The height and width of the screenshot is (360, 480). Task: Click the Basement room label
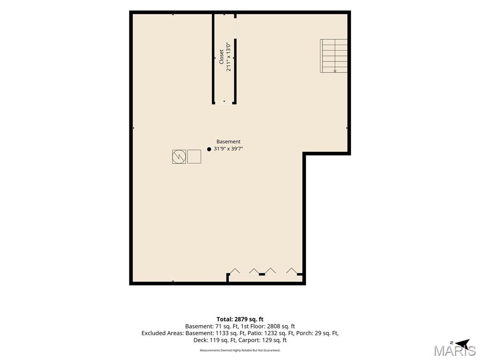pos(228,142)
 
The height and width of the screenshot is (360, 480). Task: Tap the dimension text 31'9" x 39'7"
pos(228,149)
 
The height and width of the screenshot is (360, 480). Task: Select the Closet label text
pos(221,57)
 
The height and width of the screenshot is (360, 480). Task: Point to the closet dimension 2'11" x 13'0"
pos(228,57)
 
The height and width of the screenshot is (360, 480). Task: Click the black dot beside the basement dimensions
pos(209,150)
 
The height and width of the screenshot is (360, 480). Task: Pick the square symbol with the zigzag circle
pos(179,157)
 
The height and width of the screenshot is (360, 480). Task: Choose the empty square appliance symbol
pos(194,157)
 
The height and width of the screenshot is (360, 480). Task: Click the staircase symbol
pos(334,56)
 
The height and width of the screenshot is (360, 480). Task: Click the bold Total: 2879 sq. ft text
pos(240,319)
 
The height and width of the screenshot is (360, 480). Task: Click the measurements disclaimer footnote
pos(240,350)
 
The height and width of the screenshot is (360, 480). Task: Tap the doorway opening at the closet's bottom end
pos(224,103)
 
